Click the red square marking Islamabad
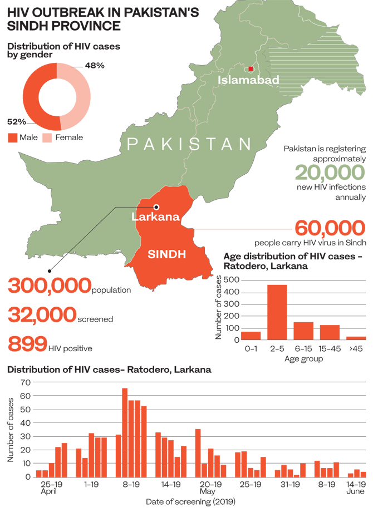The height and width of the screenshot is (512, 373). (251, 68)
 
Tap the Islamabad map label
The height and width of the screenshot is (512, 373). (248, 80)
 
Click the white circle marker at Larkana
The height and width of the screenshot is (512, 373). (156, 206)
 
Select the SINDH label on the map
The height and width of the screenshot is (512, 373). (166, 254)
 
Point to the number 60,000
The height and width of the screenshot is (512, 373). (330, 228)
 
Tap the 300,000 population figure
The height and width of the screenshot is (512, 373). (49, 286)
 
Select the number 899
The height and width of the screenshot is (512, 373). (27, 343)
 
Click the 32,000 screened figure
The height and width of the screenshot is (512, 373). (42, 315)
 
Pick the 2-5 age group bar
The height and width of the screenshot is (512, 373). (277, 312)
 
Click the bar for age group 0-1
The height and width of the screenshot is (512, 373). (251, 335)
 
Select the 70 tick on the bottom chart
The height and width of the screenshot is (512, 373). (24, 382)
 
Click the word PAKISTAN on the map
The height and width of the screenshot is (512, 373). (189, 145)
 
